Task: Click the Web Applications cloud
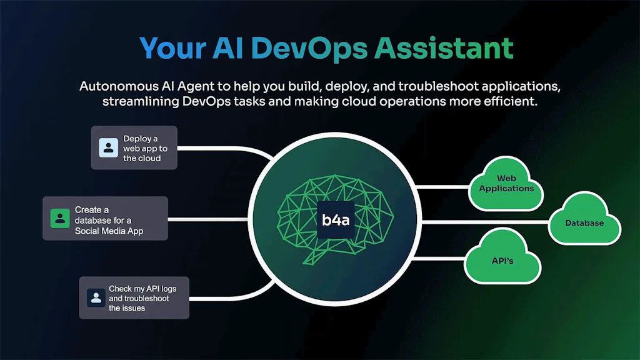506,184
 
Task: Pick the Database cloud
584,223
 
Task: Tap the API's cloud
502,260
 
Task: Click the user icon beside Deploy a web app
109,148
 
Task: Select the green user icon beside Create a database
60,219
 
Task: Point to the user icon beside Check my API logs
96,297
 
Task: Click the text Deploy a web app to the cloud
145,148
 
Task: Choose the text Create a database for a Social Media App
109,221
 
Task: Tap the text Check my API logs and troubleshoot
143,298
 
